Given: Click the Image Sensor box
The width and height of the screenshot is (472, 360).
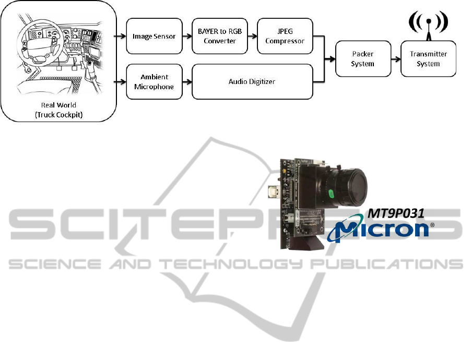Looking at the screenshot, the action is pos(154,36).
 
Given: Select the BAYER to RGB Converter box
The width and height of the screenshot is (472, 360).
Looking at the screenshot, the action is pos(220,36).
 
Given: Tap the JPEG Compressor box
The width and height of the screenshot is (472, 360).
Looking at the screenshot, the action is pos(285,36).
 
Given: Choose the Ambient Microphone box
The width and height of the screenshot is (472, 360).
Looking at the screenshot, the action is pos(154,81).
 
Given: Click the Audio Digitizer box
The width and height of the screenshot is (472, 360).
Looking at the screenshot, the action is pos(252,81).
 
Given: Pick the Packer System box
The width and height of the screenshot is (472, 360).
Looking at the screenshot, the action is pos(363,58).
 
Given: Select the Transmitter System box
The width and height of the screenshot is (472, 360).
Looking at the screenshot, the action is pos(428,58).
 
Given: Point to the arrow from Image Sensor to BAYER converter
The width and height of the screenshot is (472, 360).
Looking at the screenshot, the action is pos(187,36).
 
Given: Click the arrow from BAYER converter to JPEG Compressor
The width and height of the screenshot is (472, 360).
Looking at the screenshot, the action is pos(253,36).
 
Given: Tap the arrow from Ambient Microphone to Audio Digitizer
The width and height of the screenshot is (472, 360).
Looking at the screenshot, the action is pos(187,81).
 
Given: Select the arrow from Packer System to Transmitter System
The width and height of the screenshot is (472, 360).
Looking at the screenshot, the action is pos(396,59).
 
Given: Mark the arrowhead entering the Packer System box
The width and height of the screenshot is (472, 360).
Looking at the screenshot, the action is pos(332,59).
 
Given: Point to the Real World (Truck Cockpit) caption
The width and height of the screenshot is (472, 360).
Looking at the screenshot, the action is pos(58,110).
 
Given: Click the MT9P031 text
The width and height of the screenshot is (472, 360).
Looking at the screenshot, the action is pos(396,213).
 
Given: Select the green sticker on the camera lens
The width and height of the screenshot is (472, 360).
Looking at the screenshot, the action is pos(331,194).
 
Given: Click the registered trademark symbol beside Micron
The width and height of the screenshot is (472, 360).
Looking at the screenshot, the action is pos(432,225).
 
